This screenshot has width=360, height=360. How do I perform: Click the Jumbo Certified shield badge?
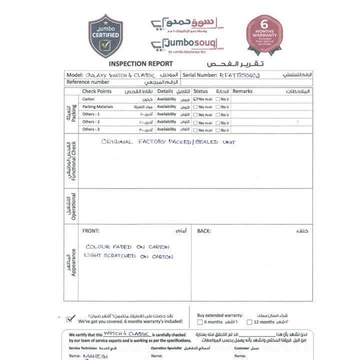105,35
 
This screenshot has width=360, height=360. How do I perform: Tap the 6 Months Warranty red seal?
264,34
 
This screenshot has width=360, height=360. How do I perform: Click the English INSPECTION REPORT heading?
140,63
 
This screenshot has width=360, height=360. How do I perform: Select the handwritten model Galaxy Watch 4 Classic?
118,75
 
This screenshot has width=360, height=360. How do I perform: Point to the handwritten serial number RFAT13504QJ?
239,75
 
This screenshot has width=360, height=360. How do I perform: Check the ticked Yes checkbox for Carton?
195,99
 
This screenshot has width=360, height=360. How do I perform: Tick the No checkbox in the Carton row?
218,99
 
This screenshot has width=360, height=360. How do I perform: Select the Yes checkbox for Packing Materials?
195,107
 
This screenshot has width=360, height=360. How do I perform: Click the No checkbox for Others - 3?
218,130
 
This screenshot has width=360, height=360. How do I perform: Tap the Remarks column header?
242,91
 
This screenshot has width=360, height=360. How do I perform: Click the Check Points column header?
96,91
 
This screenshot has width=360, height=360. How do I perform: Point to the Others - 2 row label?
91,122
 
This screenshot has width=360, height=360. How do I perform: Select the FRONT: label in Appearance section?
90,231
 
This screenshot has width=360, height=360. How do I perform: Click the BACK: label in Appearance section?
203,231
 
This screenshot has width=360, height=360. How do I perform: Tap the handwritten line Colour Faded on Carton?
127,247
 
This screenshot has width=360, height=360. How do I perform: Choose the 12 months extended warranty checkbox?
249,322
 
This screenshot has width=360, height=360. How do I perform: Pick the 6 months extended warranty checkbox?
200,322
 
